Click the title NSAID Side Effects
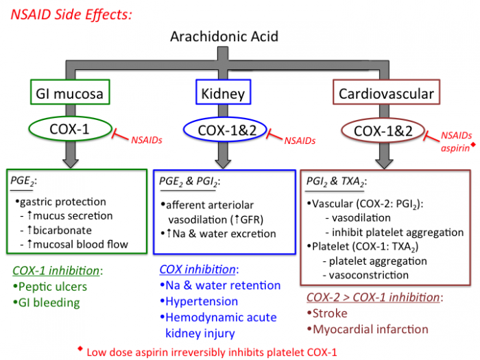pos(71,15)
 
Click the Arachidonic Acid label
pos(224,36)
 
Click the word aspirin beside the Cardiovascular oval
pos(455,148)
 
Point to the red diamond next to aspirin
pos(473,144)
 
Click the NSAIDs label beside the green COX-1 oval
pos(147,140)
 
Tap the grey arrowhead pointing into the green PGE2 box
pos(71,163)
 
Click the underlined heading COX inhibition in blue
pos(197,269)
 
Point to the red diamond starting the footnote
pos(80,348)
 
